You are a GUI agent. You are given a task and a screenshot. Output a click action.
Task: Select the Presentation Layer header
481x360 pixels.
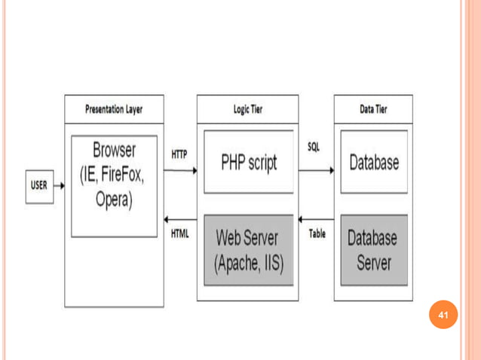tap(114, 108)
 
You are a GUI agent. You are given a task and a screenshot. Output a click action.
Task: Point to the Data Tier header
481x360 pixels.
tap(373, 108)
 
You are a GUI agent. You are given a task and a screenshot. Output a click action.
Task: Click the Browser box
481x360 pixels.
tap(114, 185)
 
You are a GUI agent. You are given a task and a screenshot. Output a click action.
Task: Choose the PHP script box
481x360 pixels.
tap(248, 162)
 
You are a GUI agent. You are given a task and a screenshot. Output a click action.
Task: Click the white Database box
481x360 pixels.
tap(374, 162)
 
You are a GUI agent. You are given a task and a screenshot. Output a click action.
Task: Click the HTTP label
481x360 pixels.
tap(179, 154)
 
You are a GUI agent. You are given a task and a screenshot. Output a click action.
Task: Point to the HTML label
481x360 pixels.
tap(179, 233)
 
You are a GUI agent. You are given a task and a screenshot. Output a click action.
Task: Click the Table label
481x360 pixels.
tap(317, 233)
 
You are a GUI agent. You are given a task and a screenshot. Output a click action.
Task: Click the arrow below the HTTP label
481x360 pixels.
tap(180, 170)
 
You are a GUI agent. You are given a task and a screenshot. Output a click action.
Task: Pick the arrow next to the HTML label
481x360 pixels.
tap(180, 220)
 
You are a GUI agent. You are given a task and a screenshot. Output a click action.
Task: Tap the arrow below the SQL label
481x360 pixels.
tap(316, 170)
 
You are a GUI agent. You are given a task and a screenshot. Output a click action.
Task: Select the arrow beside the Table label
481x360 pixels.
tap(316, 220)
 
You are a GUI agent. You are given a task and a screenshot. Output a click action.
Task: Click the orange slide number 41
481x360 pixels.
tap(443, 314)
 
